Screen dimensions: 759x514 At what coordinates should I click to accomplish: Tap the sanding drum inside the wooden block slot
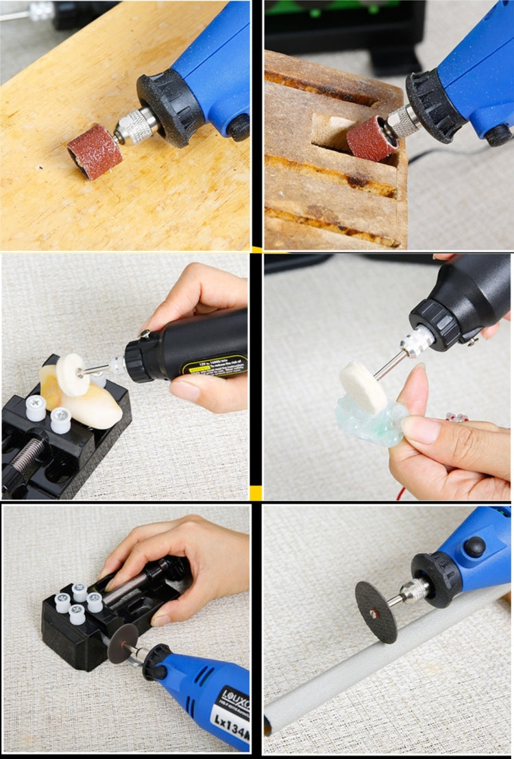point(371,138)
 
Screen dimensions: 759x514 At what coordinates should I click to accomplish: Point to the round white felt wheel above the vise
point(73,374)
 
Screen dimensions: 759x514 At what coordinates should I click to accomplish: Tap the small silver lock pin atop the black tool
point(145,334)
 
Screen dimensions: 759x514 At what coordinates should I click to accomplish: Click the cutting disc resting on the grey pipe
point(377,611)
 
